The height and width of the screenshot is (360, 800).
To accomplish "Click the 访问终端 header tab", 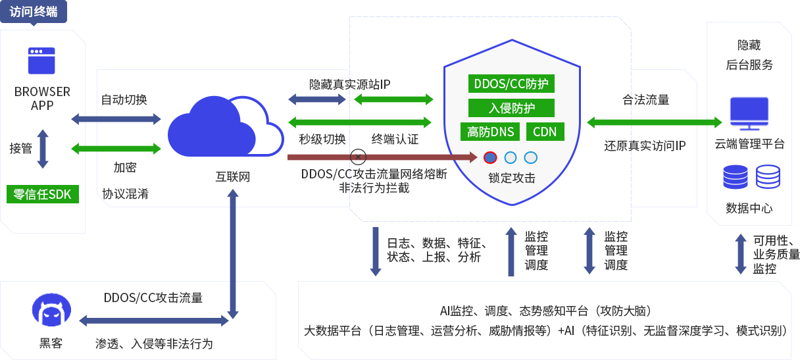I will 34,13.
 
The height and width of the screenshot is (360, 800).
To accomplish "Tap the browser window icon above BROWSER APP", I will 41,60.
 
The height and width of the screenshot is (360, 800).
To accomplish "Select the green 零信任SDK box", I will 42,194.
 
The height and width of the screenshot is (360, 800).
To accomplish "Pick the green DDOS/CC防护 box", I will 511,84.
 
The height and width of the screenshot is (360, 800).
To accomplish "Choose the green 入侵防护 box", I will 511,108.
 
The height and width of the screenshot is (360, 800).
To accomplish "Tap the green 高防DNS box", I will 490,132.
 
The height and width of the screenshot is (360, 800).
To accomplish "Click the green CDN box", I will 545,132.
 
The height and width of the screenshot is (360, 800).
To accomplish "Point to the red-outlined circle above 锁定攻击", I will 490,157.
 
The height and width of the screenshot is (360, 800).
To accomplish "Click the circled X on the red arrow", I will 359,157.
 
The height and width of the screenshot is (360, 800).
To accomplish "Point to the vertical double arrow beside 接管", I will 43,148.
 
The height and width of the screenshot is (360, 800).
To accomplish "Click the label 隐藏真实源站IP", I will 349,84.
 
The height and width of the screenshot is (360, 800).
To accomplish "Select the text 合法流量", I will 645,100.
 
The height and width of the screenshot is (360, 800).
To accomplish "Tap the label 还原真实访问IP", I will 645,145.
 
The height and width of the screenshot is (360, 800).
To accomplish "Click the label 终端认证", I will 395,140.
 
